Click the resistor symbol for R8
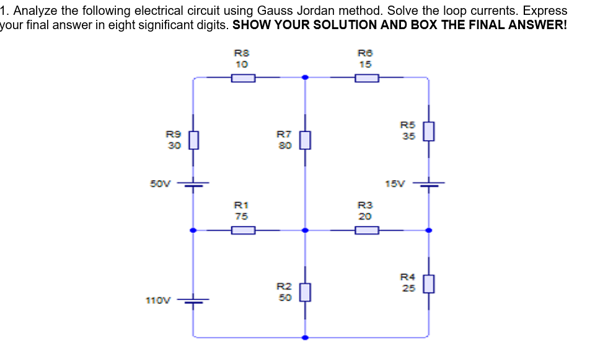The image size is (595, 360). coord(243,78)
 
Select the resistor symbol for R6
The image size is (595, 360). coord(367,78)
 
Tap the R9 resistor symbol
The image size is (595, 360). coord(193,141)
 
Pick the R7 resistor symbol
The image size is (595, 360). coord(304,141)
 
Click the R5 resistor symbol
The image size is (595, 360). coord(428,131)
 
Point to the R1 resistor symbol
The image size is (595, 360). coord(243,230)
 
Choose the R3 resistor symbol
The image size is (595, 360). coord(367,230)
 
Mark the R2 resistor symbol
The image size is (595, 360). coord(304,291)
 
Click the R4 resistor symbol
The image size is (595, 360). coord(428,284)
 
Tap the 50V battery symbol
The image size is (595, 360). coord(193,184)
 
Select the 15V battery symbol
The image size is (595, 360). coord(428,184)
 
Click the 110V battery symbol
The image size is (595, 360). coord(193,301)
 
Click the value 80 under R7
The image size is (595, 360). coord(283,146)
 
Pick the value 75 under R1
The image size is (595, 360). coord(241,216)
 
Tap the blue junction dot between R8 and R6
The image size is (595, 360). coord(304,78)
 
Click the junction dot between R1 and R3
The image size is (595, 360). coord(304,230)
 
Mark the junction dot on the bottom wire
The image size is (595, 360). coord(304,338)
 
